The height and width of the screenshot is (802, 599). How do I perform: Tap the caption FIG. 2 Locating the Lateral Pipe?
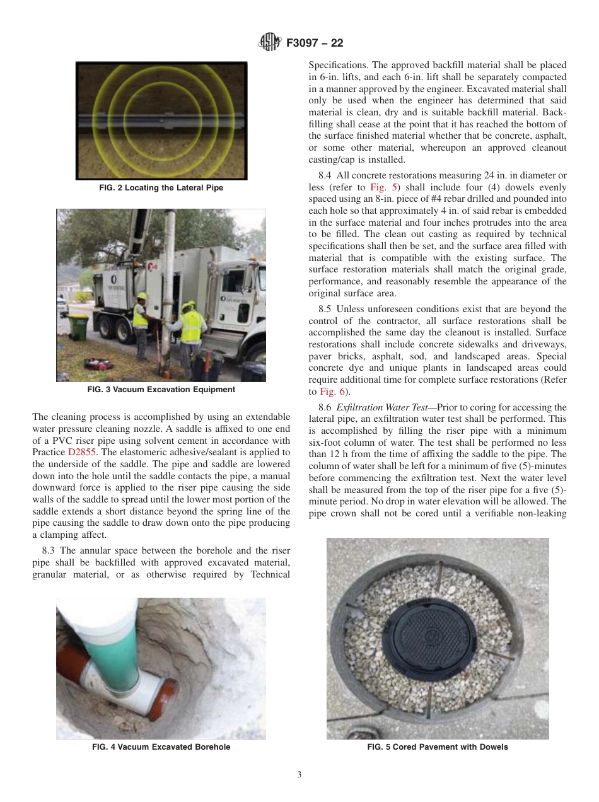[161, 188]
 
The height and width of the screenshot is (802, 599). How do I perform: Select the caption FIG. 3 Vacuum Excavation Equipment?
[161, 390]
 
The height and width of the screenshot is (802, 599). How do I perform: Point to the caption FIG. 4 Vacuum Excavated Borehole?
[161, 747]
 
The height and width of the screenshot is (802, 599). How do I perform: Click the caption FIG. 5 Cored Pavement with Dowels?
[438, 747]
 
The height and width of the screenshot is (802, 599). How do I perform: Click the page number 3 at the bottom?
[299, 775]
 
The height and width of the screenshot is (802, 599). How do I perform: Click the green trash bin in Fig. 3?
[78, 328]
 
